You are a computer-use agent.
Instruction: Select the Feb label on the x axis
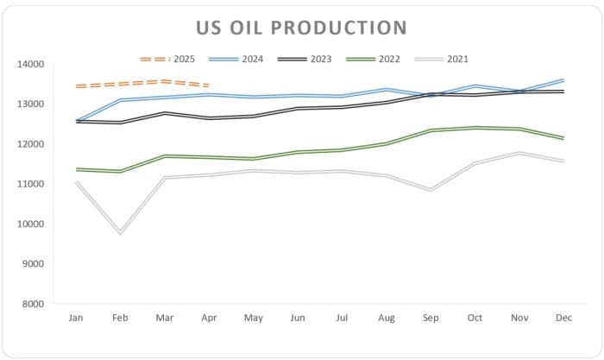point(120,319)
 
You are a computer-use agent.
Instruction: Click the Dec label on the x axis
point(563,319)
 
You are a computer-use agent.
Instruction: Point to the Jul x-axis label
point(342,319)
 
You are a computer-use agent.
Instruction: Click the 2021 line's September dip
point(431,189)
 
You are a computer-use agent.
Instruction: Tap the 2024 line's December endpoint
point(563,80)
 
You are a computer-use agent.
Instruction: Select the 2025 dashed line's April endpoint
point(209,85)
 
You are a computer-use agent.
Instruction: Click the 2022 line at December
point(563,138)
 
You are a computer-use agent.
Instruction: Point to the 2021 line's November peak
point(519,153)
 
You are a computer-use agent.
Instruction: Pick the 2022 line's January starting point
point(76,169)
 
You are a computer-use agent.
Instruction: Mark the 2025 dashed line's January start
point(76,86)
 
